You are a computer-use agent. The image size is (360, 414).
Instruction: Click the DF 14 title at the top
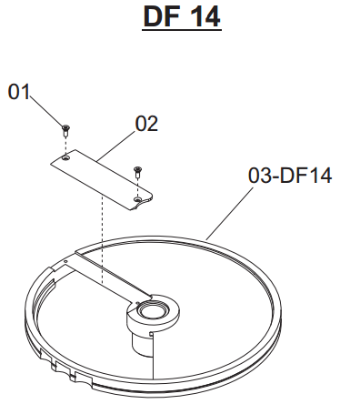(x=182, y=17)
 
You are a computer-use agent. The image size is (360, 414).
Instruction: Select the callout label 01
(x=19, y=92)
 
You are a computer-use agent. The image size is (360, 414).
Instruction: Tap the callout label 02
(x=146, y=124)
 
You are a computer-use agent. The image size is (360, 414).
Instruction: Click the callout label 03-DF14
(x=290, y=176)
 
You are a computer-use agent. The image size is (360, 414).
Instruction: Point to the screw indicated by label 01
(x=65, y=130)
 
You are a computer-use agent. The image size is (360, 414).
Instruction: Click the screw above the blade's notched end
(x=137, y=172)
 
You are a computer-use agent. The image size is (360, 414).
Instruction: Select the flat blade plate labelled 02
(x=102, y=179)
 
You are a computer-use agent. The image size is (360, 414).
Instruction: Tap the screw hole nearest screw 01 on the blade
(x=65, y=158)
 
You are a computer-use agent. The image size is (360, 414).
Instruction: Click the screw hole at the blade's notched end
(x=137, y=199)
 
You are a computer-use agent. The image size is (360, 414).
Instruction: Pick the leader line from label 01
(x=46, y=111)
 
